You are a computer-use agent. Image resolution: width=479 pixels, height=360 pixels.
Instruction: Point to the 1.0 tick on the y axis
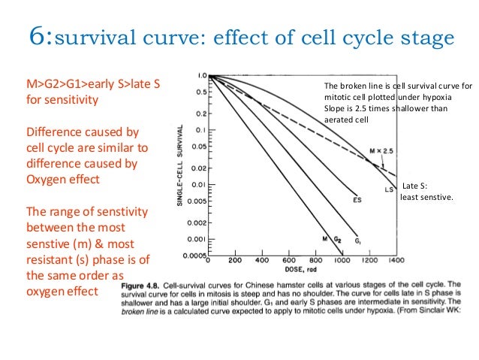(200, 76)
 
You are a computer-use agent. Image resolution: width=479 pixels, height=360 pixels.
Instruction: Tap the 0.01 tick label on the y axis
(197, 184)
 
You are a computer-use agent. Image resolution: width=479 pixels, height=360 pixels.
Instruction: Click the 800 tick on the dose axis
(315, 261)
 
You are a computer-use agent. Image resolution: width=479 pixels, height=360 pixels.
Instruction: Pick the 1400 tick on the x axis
(396, 261)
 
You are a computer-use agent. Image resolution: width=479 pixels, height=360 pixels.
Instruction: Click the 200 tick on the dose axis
(234, 261)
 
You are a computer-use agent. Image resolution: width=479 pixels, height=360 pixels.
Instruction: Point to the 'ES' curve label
(357, 200)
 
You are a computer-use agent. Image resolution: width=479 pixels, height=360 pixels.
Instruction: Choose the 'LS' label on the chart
(390, 189)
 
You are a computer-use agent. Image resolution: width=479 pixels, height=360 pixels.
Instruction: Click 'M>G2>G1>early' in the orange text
(71, 84)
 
